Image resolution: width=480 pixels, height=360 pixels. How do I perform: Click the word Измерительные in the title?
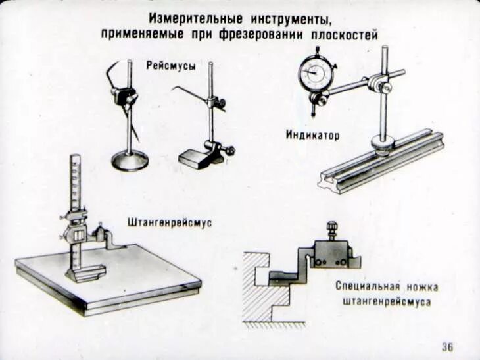point(187,17)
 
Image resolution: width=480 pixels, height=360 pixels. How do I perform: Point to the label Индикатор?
point(312,136)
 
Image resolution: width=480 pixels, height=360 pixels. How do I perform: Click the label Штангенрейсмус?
point(170,223)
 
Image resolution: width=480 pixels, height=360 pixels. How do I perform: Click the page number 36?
point(447,347)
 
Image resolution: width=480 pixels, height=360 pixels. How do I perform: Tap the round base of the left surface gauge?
point(130,160)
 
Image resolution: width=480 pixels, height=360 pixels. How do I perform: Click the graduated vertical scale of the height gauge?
point(76,181)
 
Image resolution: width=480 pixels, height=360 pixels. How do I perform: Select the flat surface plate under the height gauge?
point(108,276)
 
